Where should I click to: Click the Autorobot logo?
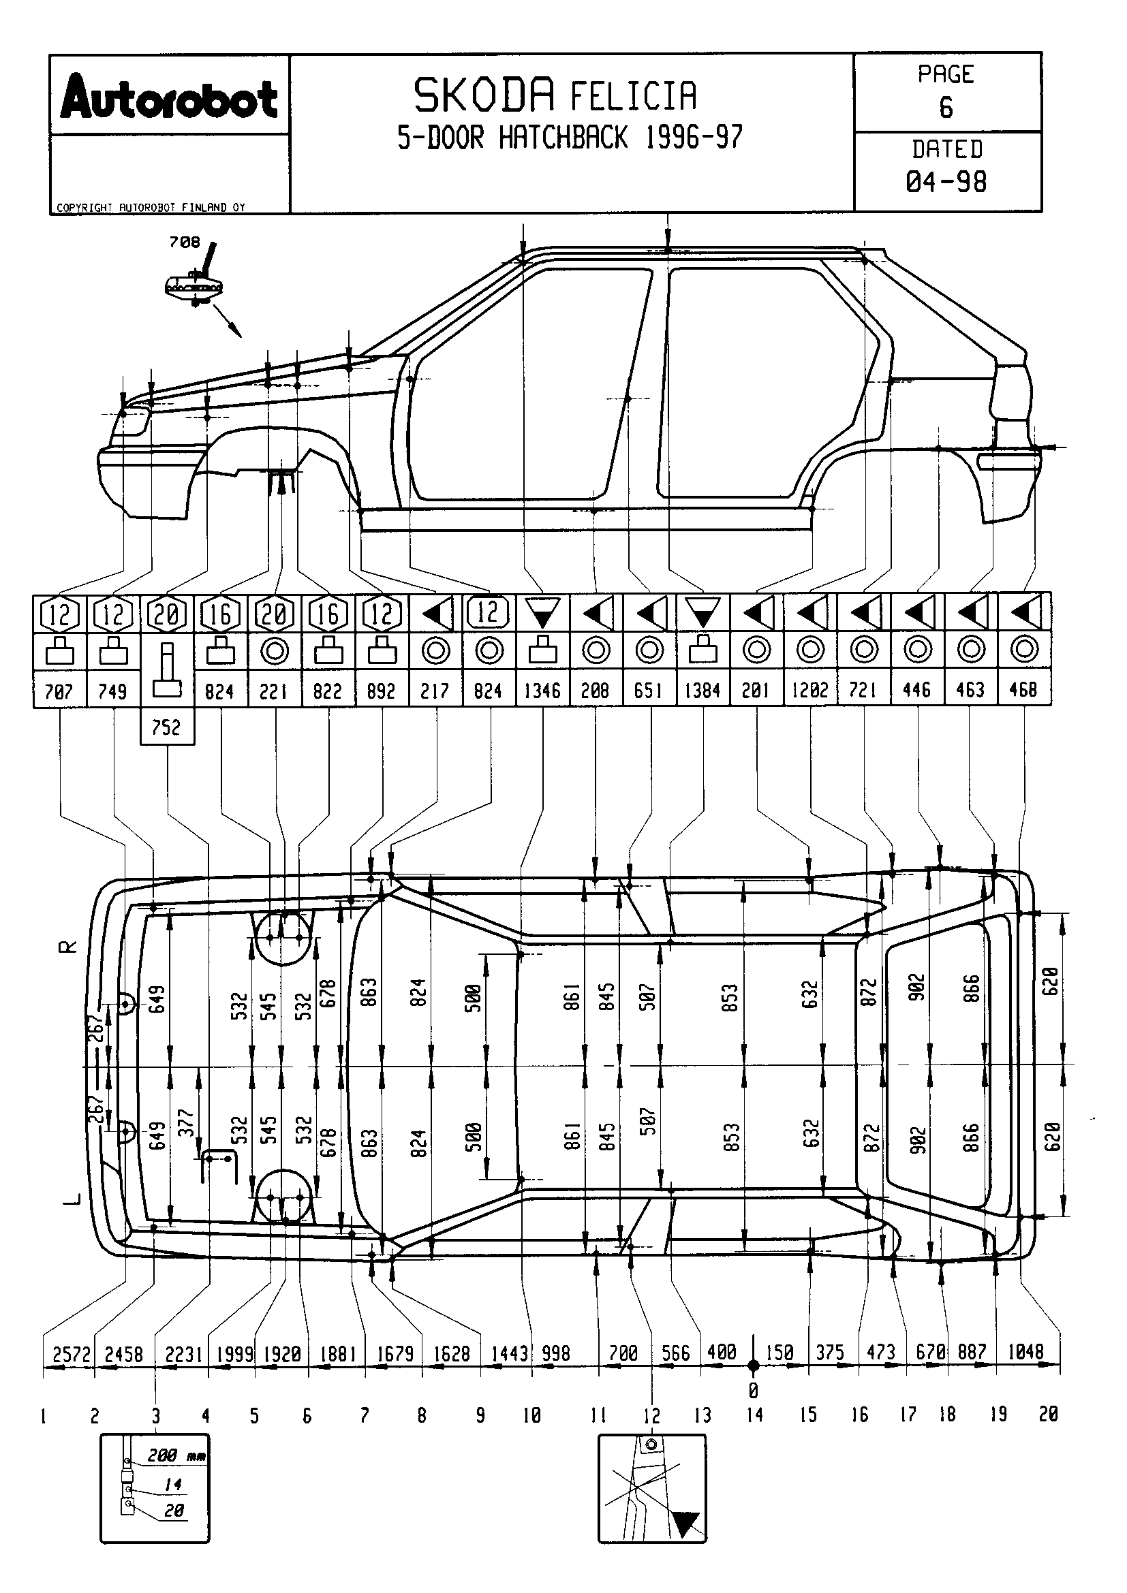click(x=168, y=99)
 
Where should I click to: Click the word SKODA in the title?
click(x=484, y=96)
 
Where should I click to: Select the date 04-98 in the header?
click(x=946, y=182)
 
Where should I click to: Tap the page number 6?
click(x=946, y=108)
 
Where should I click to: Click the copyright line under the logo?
click(x=151, y=208)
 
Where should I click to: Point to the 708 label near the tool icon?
click(x=184, y=242)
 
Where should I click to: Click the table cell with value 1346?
click(x=542, y=691)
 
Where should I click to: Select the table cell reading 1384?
click(x=703, y=691)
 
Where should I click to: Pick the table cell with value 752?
click(x=166, y=727)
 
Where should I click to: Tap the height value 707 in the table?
click(x=59, y=691)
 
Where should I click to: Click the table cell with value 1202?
click(x=810, y=691)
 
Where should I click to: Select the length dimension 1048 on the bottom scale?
click(x=1025, y=1351)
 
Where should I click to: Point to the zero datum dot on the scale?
click(x=754, y=1366)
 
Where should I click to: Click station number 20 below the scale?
click(x=1048, y=1414)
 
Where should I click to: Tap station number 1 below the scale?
click(x=44, y=1415)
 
